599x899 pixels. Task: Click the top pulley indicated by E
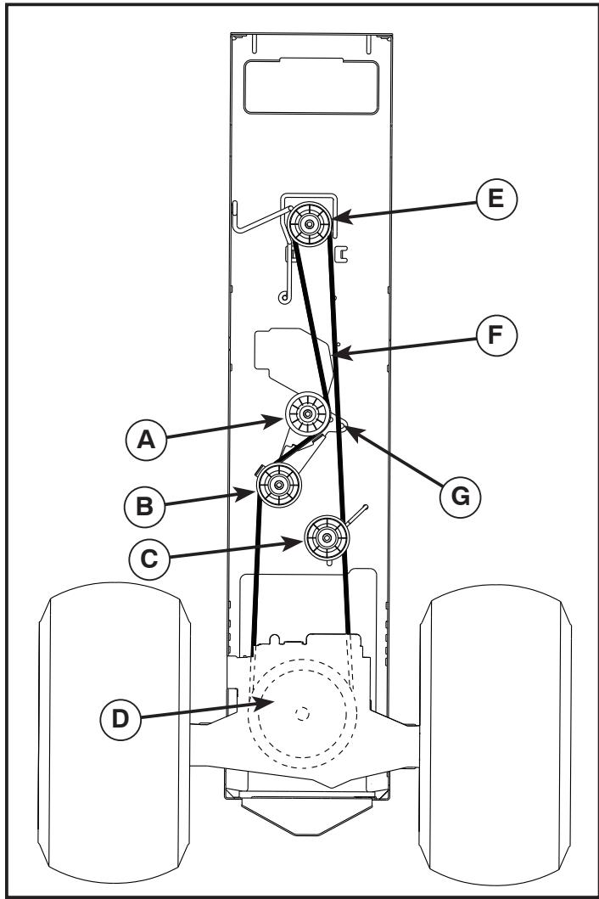[x=308, y=225]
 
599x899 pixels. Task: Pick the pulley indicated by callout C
[x=326, y=536]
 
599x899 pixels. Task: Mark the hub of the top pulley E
[x=308, y=225]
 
